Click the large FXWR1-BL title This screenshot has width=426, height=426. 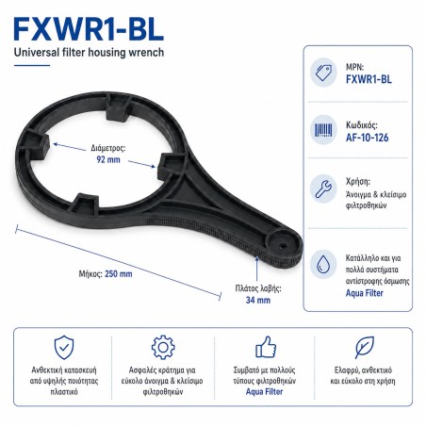click(89, 29)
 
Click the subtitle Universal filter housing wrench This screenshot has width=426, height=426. click(89, 52)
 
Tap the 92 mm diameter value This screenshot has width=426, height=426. click(108, 159)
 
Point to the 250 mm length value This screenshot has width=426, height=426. click(119, 274)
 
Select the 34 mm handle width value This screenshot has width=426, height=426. click(258, 300)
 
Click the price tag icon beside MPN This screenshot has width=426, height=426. click(323, 73)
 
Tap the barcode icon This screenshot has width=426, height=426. click(323, 130)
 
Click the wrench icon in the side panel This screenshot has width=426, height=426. click(323, 188)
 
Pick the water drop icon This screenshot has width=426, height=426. click(323, 264)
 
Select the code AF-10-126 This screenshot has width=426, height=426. click(367, 138)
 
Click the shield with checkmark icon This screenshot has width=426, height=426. click(64, 347)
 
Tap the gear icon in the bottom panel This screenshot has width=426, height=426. click(163, 348)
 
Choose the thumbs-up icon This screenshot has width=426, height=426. click(266, 347)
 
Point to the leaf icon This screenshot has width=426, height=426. click(365, 347)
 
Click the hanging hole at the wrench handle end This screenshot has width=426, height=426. click(282, 245)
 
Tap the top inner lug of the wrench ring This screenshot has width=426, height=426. click(118, 108)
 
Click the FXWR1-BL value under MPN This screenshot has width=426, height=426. click(369, 79)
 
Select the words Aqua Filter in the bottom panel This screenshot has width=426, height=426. click(264, 392)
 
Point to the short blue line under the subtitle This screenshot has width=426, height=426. click(32, 65)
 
